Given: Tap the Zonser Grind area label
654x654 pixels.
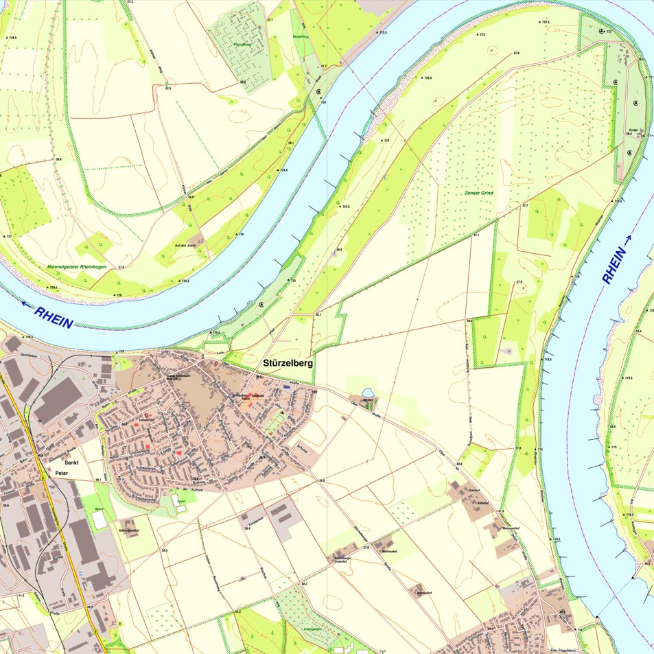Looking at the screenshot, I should (478, 194).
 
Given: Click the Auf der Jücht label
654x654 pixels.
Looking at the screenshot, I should (186, 245).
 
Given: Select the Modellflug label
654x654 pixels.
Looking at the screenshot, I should (301, 36).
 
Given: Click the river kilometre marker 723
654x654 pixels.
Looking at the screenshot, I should (482, 34).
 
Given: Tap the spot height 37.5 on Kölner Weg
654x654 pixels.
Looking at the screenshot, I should (168, 89).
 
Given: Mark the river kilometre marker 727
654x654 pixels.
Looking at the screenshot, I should (8, 237).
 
